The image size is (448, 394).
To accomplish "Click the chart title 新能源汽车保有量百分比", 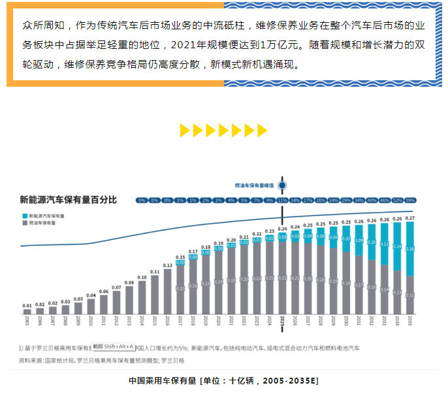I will click(x=68, y=200).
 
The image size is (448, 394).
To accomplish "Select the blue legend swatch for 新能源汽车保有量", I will click(x=24, y=215).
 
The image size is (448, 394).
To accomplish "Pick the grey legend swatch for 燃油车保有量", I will click(x=24, y=222).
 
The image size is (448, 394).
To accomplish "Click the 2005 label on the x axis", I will click(x=27, y=320).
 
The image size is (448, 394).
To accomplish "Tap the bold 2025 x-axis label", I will click(x=282, y=320).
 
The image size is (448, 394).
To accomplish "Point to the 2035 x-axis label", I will click(x=410, y=320).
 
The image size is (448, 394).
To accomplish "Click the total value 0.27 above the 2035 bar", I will click(x=410, y=219).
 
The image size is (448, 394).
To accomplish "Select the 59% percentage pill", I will click(x=410, y=200).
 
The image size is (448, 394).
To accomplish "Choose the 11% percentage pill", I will click(x=282, y=200).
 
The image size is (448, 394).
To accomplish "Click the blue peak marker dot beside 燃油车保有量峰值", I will click(x=282, y=185).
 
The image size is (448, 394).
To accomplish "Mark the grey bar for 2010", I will click(x=91, y=307).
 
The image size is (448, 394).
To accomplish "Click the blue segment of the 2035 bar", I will click(x=410, y=249).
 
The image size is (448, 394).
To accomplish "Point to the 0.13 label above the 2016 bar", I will click(x=168, y=265).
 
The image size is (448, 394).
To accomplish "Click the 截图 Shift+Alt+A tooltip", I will click(x=112, y=346).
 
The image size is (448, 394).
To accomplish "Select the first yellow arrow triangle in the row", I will click(x=184, y=130).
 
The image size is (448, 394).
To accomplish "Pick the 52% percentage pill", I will click(x=397, y=200).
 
